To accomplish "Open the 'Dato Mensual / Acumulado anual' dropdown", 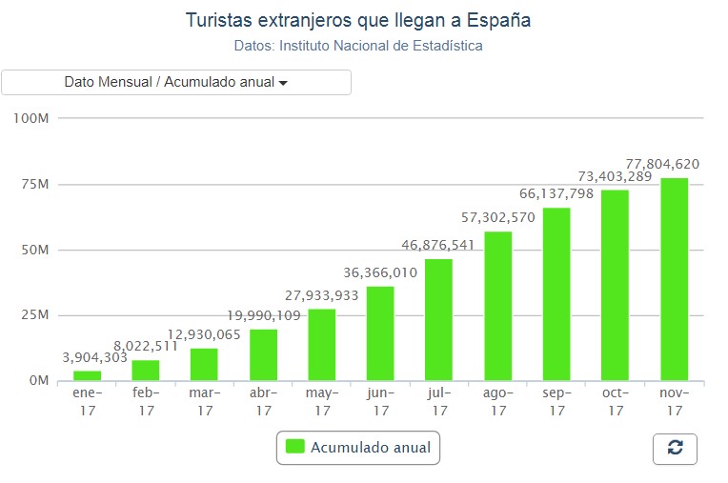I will coord(176,82).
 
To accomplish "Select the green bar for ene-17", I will coord(87,375).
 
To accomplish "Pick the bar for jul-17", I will coord(439,319).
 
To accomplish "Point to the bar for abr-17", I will coord(263,354).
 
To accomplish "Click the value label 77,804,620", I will coord(662,164).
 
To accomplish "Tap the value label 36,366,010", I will coord(381,272).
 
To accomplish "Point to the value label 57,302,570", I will coord(497,217).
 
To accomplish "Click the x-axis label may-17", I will coord(322,401).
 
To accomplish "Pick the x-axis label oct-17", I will coord(616,401).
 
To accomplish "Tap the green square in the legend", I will coord(295,446).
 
